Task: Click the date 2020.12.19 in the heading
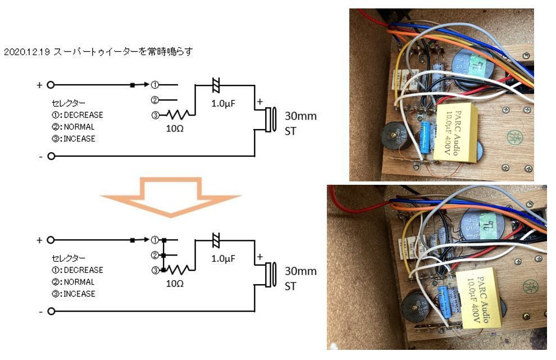pos(27,51)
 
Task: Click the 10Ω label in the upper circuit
pos(174,128)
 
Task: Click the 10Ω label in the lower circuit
pos(174,284)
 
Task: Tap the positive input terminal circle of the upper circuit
pos(51,85)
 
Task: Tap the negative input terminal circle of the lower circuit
pos(51,311)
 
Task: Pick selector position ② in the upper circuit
pos(154,100)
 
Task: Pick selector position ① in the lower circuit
pos(154,240)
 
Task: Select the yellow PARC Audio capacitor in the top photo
pos(458,133)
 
